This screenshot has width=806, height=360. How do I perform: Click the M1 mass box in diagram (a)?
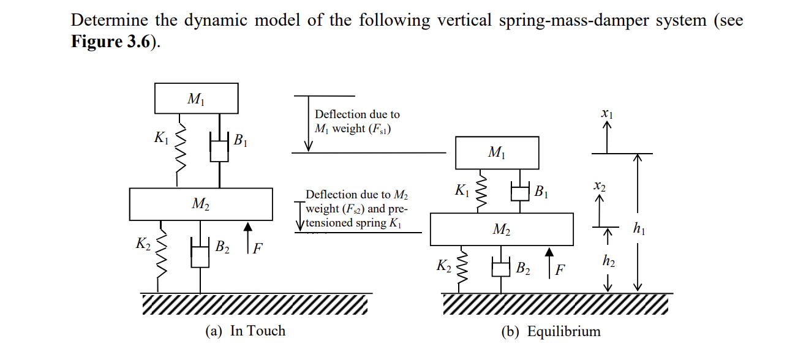[x=195, y=98]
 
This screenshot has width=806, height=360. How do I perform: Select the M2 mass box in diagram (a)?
[x=201, y=204]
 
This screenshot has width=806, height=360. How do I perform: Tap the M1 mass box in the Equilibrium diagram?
[x=497, y=152]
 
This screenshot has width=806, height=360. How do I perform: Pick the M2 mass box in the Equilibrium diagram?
[x=502, y=229]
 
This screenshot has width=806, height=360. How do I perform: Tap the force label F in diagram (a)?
[x=258, y=249]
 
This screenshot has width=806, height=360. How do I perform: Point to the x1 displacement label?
[x=607, y=113]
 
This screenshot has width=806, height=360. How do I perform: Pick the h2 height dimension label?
[x=608, y=261]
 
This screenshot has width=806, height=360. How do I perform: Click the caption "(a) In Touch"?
[x=246, y=331]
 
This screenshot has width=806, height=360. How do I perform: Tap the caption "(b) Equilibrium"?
[x=551, y=332]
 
